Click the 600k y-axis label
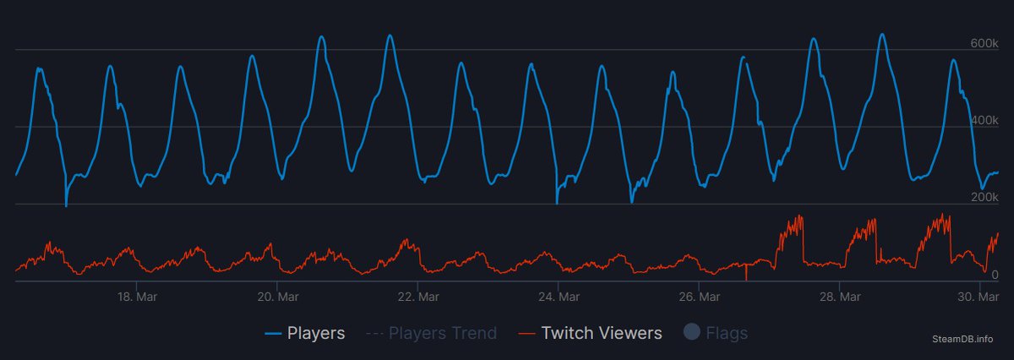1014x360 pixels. [984, 42]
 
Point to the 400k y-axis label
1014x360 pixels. [984, 120]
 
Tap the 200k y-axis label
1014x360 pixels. [984, 197]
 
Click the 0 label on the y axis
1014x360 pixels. [995, 274]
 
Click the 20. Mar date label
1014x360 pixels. [276, 297]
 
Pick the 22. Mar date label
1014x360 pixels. [417, 297]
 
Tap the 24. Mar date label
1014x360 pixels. [558, 297]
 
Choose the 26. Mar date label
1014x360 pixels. [698, 297]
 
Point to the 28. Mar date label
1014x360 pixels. [839, 297]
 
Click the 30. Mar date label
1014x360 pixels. [979, 297]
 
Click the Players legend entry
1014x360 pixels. [316, 333]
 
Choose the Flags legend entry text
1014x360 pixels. [727, 333]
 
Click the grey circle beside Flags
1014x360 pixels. [692, 333]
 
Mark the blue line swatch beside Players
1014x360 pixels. [273, 334]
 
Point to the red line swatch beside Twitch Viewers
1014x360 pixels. [526, 334]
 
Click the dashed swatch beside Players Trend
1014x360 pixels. [374, 334]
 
